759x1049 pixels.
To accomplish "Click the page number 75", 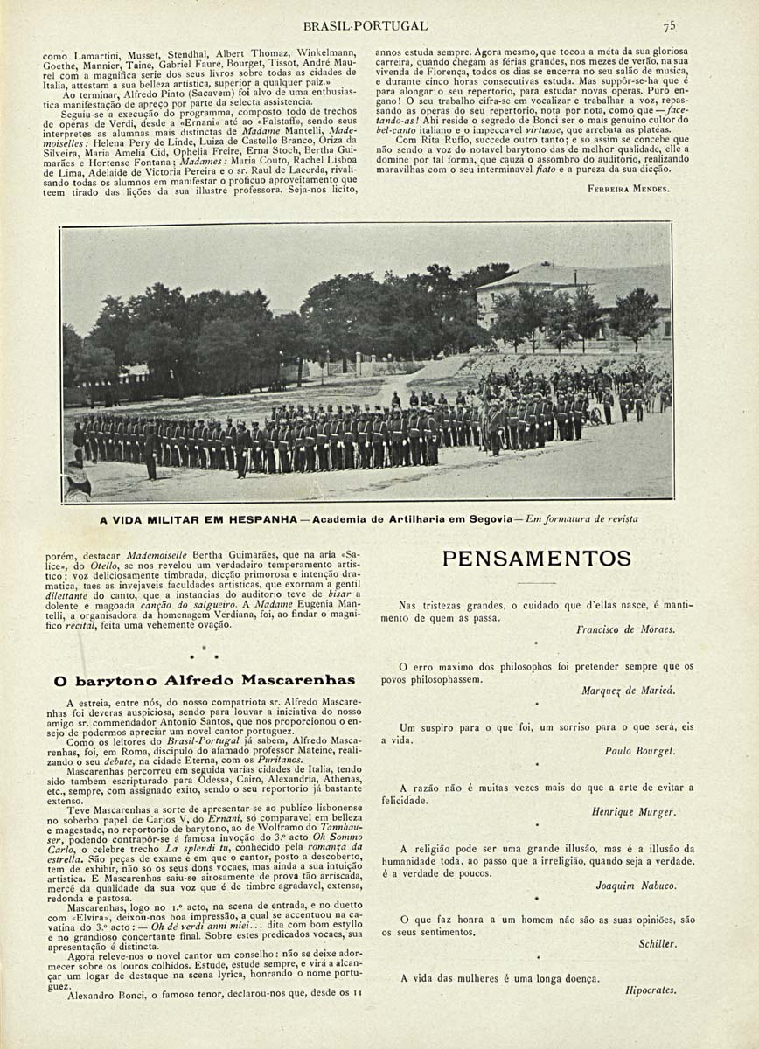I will pos(669,26).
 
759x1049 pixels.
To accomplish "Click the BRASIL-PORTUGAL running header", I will pos(365,26).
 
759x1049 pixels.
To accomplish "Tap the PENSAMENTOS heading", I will pos(536,559).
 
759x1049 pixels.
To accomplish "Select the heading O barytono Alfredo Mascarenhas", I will pos(205,680).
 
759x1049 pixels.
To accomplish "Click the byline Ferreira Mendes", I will pos(629,188).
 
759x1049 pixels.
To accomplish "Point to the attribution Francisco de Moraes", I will pos(625,629).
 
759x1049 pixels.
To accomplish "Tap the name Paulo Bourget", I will pos(639,751).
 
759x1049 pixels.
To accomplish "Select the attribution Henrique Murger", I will pos(633,812).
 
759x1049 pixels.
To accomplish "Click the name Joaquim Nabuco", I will pos(636,886).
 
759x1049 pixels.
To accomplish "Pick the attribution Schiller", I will pos(657,944).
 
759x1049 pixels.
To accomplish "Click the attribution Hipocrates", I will pos(651,990).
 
